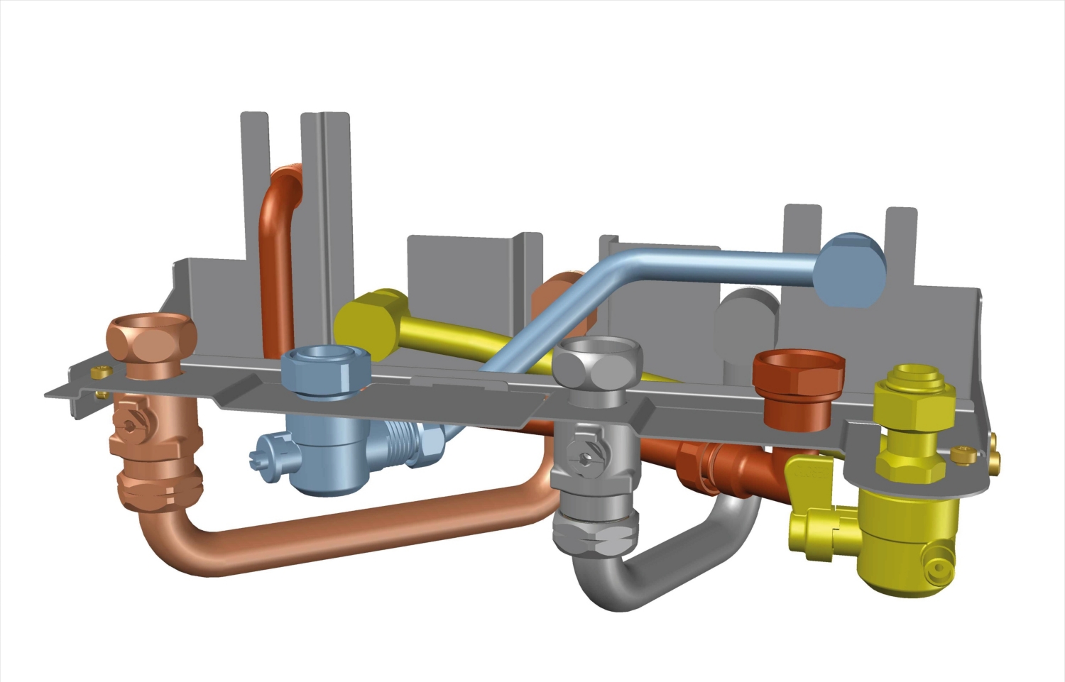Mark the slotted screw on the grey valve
tap(585, 458)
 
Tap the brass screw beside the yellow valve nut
tap(963, 454)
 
